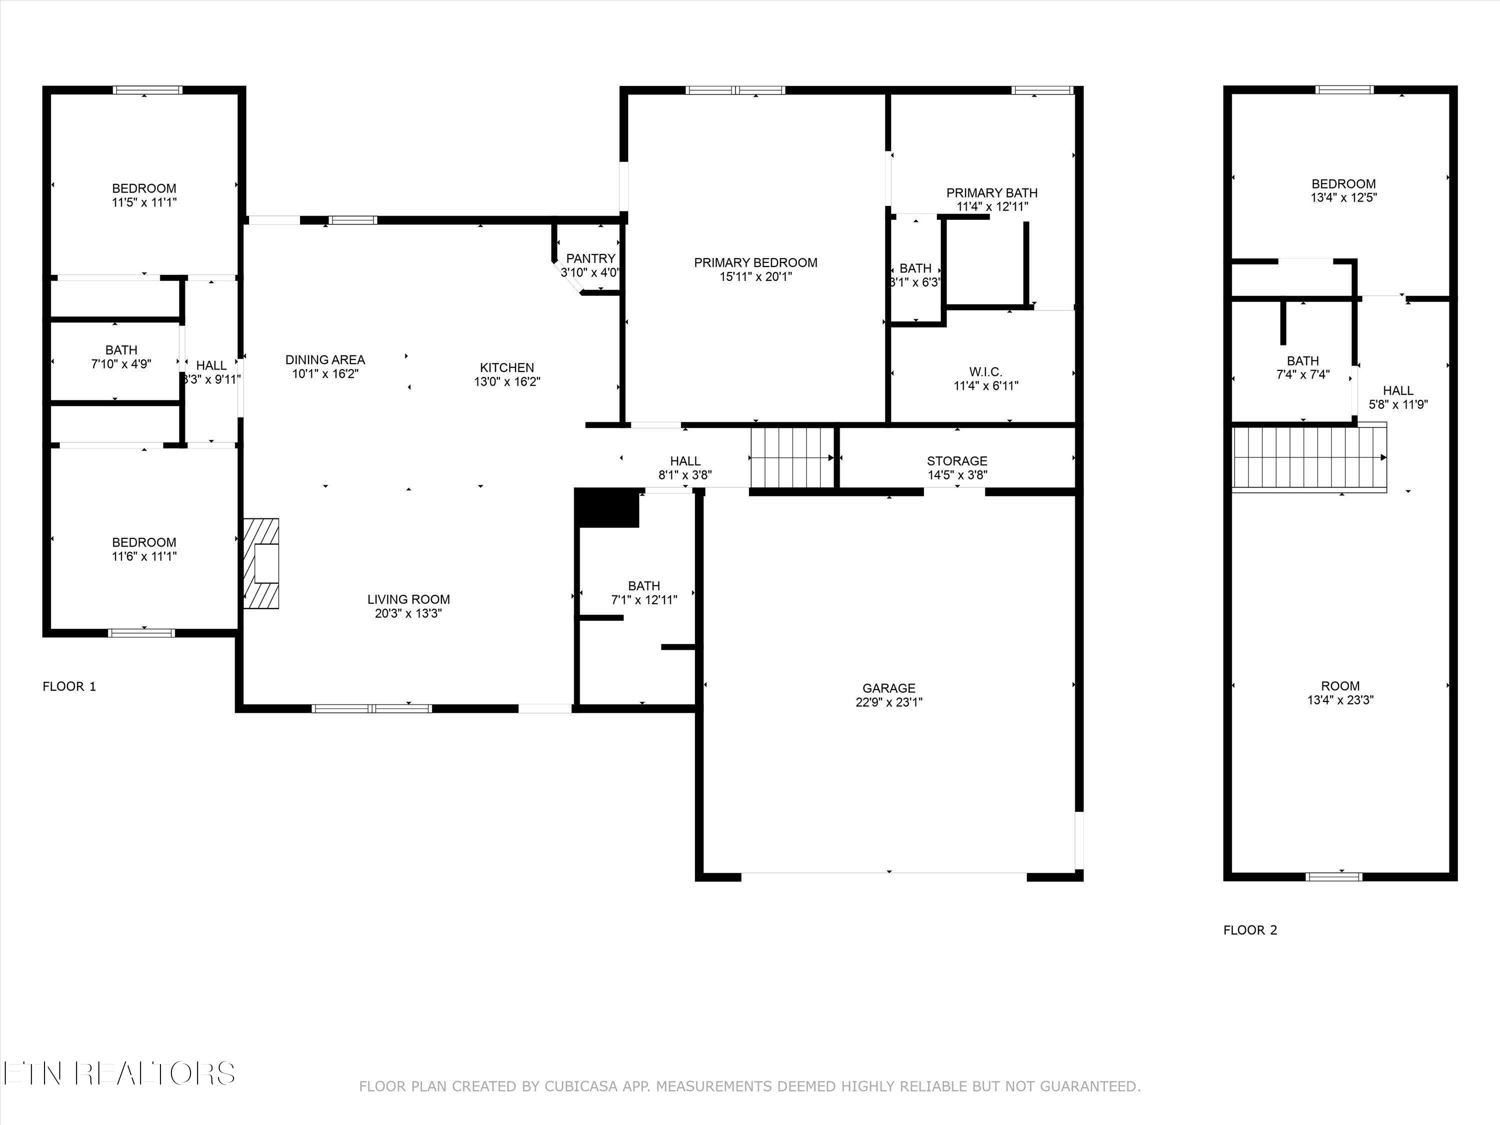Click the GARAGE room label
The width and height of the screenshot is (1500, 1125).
tap(888, 687)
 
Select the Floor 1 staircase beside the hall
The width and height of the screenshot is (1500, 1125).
tap(791, 457)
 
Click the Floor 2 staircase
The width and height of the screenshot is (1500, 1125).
tap(1309, 457)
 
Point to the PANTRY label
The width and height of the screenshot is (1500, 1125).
tap(590, 258)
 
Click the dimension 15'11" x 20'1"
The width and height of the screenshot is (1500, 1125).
tap(755, 276)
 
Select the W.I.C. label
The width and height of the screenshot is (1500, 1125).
tap(985, 371)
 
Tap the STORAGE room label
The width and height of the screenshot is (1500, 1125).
tap(957, 461)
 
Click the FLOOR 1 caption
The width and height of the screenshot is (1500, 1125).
tap(69, 686)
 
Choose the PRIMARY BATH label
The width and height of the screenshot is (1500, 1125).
tap(991, 192)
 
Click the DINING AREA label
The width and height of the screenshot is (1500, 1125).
tap(325, 359)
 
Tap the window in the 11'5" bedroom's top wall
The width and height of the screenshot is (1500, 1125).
tap(147, 90)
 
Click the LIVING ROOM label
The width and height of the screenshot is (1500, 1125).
tap(408, 599)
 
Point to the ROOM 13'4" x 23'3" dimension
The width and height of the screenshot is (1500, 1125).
tap(1340, 700)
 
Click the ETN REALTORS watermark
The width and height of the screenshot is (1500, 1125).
tap(118, 1073)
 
